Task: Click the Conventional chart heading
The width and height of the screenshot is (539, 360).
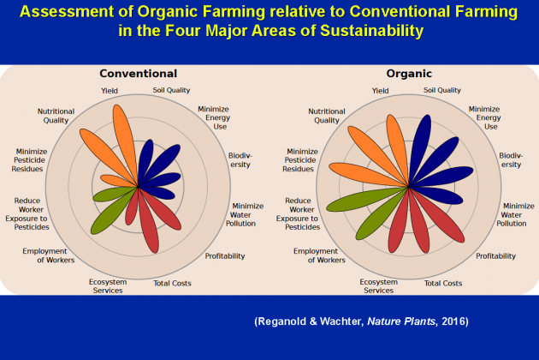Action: [x=139, y=74]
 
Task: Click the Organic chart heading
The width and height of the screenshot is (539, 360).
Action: [x=409, y=74]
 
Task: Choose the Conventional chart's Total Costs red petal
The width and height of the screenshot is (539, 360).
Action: [x=149, y=221]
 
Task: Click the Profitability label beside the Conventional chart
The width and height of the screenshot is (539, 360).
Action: [x=225, y=256]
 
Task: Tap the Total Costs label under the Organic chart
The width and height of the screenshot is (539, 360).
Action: [x=443, y=283]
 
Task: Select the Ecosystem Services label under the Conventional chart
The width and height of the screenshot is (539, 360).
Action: [x=108, y=286]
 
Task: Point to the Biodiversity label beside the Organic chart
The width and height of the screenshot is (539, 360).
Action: [x=511, y=159]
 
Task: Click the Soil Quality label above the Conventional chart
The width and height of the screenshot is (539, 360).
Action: [x=171, y=90]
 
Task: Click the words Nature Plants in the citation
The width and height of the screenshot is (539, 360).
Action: [x=401, y=321]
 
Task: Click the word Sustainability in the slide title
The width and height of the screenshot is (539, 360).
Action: [x=372, y=31]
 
